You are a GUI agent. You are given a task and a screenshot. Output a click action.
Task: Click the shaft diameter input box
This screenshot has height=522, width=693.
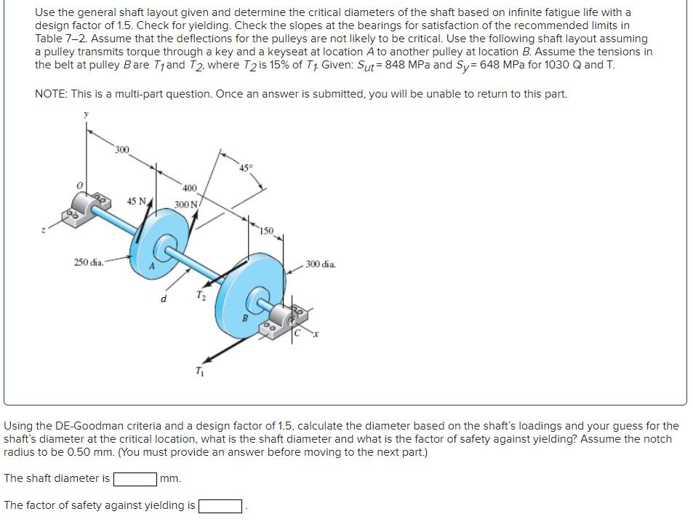pyautogui.click(x=135, y=479)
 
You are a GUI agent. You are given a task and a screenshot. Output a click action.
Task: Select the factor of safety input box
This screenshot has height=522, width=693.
pyautogui.click(x=220, y=506)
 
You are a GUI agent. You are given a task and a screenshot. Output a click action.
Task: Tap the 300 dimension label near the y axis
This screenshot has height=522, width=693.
pyautogui.click(x=121, y=150)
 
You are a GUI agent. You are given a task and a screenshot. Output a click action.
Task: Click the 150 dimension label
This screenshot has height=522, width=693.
pyautogui.click(x=266, y=231)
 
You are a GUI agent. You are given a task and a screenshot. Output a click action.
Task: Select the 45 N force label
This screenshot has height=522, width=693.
pyautogui.click(x=137, y=201)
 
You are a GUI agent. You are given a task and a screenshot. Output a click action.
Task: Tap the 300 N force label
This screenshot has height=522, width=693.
pyautogui.click(x=186, y=204)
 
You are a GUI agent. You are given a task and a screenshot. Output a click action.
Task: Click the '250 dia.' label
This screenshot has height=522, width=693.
pyautogui.click(x=89, y=262)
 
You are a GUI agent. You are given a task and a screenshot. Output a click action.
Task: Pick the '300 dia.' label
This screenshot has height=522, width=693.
pyautogui.click(x=321, y=264)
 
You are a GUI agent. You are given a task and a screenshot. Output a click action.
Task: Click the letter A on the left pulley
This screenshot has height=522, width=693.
pyautogui.click(x=153, y=266)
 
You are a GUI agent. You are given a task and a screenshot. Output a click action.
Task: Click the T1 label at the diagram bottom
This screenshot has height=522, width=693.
pyautogui.click(x=199, y=373)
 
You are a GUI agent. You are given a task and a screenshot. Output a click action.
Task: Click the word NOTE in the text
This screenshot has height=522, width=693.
pyautogui.click(x=51, y=94)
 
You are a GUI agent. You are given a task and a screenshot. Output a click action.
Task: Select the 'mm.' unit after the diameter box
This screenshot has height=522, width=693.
pyautogui.click(x=170, y=479)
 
